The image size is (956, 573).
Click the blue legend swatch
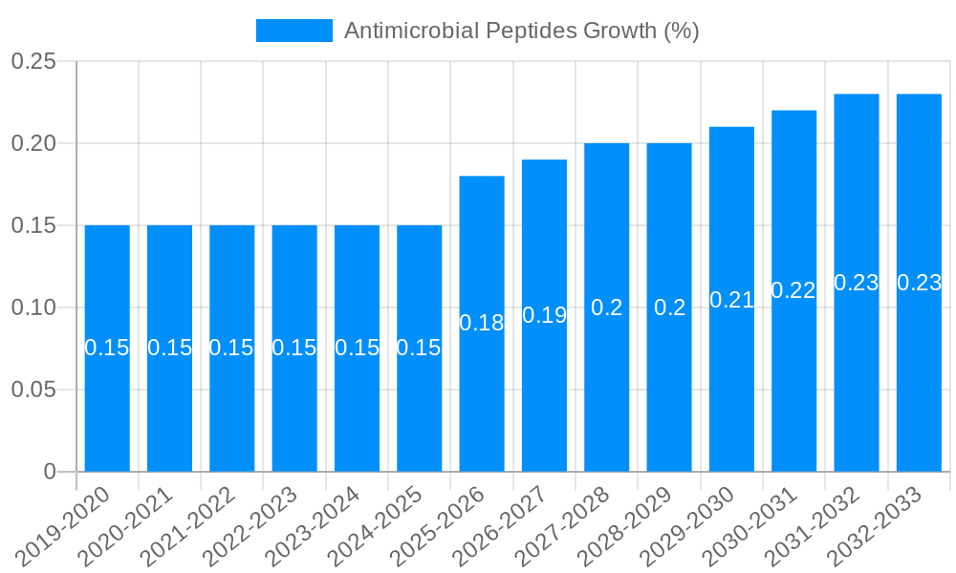(294, 31)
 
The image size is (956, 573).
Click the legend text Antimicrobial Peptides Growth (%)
(522, 31)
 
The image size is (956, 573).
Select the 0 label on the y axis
(50, 472)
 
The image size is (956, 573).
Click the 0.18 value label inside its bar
(482, 323)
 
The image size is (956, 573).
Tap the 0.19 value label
(545, 315)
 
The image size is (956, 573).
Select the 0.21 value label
(732, 300)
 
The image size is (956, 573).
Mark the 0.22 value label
(793, 291)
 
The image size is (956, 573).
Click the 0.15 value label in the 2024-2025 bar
(419, 348)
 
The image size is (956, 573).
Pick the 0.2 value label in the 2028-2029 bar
(669, 308)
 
